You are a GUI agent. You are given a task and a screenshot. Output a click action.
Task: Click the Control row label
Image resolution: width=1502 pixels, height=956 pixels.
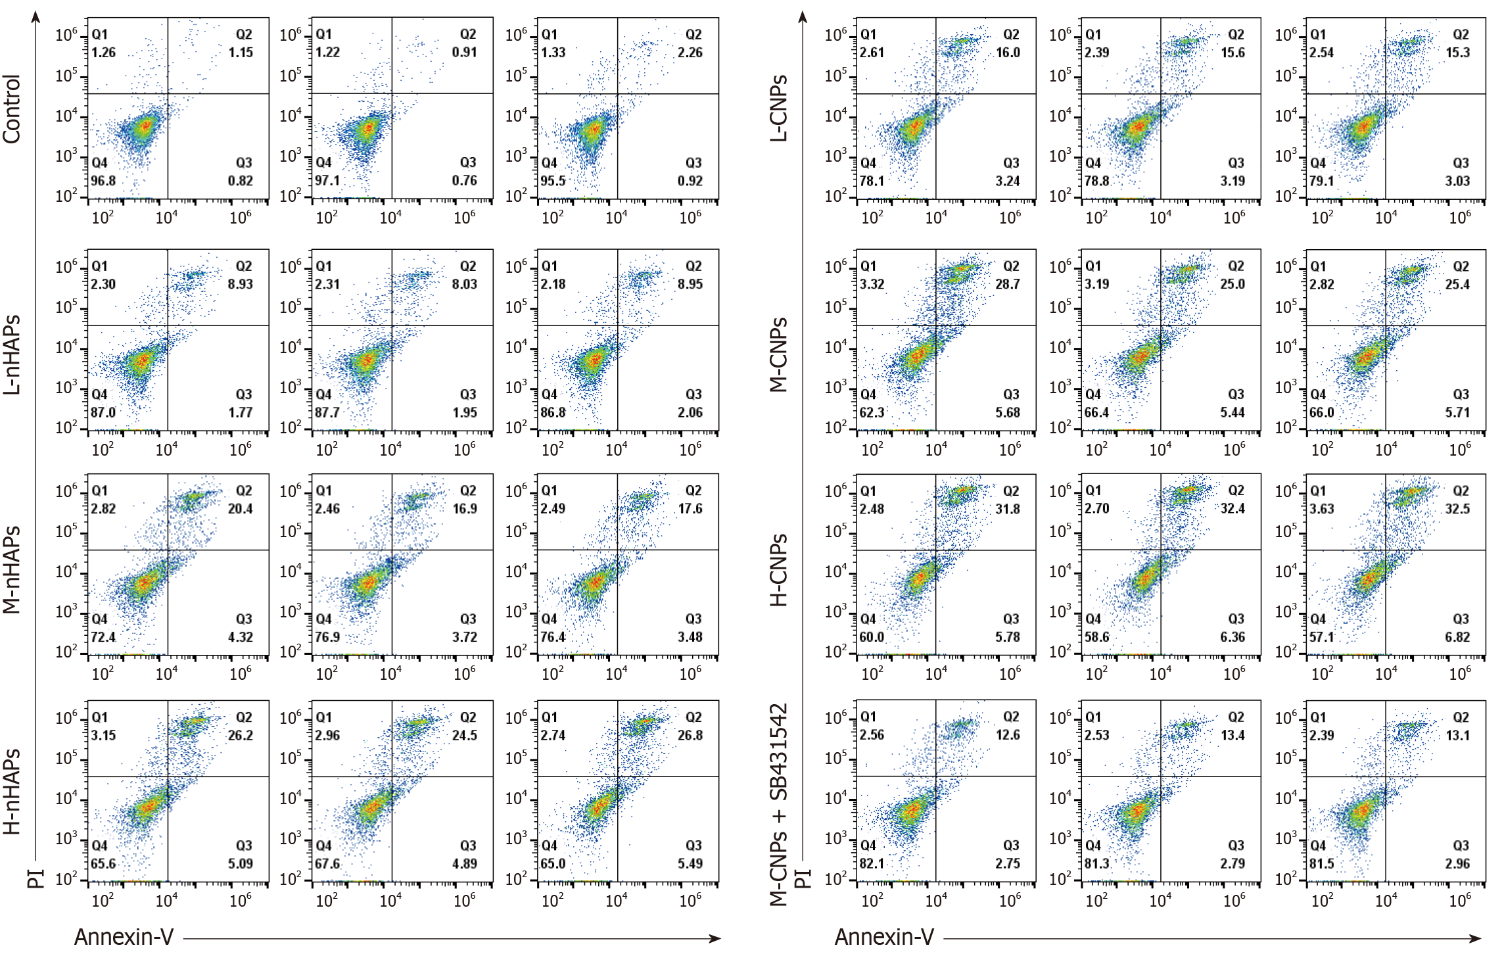12,108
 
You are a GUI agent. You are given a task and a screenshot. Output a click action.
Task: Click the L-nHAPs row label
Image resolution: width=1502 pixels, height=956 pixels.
12,355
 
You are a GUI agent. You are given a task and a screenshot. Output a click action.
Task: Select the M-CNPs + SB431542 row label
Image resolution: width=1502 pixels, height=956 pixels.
778,805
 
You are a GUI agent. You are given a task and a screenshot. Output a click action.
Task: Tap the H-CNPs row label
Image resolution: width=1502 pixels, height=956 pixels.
778,569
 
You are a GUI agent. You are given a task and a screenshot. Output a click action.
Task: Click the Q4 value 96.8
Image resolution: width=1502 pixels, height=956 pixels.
103,180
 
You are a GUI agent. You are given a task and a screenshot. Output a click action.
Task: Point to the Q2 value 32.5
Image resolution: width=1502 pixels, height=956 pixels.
1457,508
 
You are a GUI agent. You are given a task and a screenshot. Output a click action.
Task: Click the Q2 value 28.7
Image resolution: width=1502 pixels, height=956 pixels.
1008,284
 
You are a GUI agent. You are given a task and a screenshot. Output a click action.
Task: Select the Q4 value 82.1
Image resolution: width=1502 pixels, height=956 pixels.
872,863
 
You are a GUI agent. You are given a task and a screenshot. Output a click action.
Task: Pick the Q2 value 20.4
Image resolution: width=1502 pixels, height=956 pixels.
241,508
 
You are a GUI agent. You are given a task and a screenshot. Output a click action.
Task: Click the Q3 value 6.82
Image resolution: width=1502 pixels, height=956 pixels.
1457,636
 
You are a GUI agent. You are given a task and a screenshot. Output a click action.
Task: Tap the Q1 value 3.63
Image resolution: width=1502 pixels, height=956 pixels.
1321,508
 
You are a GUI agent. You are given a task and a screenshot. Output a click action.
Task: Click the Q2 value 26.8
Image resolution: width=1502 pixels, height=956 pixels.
690,735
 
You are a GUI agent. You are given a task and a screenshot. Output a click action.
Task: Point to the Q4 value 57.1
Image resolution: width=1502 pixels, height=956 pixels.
1321,636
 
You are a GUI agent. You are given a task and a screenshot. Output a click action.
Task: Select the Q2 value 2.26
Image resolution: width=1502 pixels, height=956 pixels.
690,52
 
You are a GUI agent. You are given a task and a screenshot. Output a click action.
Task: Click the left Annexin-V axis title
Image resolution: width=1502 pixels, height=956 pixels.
124,936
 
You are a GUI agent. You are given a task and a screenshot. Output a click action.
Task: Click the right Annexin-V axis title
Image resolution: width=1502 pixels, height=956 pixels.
884,936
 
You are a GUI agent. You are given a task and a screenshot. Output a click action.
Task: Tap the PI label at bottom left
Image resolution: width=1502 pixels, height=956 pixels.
35,878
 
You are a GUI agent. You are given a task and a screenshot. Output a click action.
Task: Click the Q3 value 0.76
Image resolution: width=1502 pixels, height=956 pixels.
464,180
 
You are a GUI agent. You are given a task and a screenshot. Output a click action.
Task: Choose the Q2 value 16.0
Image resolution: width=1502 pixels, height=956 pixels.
1008,52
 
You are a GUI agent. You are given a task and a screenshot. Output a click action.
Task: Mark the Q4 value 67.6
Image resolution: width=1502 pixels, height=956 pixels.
327,863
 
